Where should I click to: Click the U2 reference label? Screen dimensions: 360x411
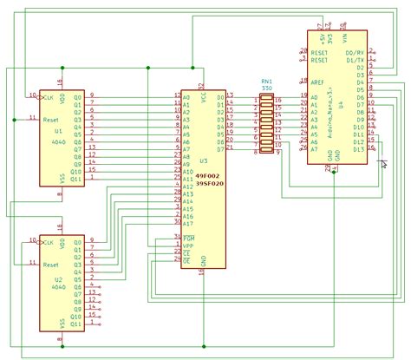[58, 280]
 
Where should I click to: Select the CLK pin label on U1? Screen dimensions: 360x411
[49, 95]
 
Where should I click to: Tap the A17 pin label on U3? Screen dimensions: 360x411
[187, 222]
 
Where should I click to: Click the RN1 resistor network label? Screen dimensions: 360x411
[266, 80]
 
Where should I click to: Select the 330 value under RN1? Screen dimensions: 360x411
[266, 87]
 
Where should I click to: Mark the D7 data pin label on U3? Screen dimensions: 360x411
[219, 148]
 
